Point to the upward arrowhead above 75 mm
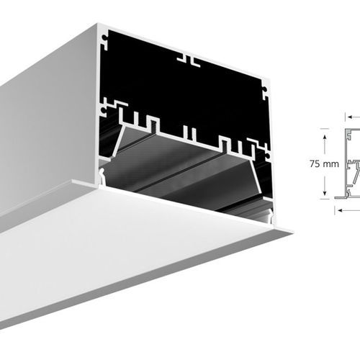point(324,134)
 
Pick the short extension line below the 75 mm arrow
point(324,200)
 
